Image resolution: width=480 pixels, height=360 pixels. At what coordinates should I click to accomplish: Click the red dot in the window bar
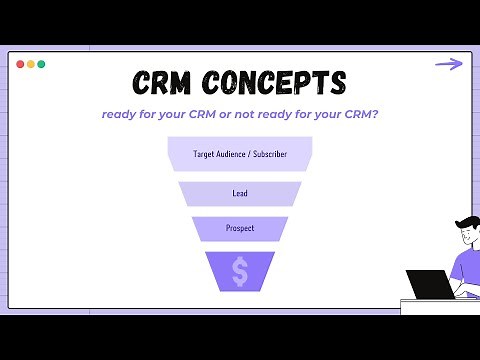20,64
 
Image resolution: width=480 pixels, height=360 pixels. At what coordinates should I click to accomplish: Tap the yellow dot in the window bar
30,64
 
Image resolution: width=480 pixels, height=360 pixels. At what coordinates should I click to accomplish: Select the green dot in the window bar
41,64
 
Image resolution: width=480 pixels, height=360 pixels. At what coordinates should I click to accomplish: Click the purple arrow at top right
449,64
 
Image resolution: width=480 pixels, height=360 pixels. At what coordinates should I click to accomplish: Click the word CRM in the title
165,83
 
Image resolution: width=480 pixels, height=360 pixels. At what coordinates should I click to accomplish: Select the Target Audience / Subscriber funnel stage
240,154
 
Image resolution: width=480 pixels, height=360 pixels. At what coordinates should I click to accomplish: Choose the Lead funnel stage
240,193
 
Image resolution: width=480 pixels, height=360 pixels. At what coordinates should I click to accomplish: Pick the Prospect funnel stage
240,229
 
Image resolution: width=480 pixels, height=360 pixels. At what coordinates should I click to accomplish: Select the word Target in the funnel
205,154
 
